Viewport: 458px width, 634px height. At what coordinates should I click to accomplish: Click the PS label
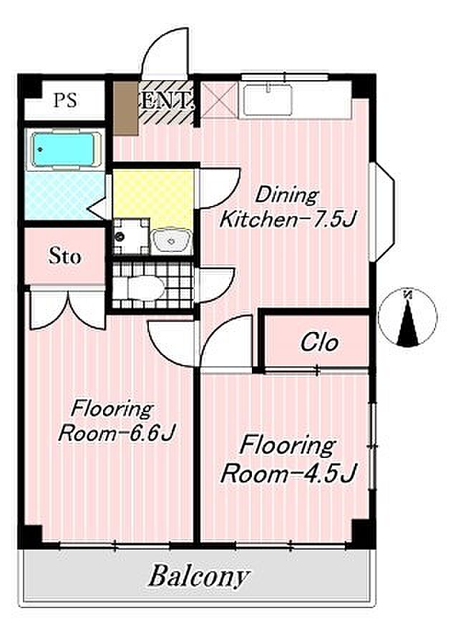65,100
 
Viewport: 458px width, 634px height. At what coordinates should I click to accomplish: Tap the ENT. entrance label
166,101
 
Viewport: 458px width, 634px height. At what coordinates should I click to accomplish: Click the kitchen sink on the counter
268,99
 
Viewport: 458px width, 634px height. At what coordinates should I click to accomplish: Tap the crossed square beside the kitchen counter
219,99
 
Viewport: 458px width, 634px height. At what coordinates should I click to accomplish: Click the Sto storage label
64,256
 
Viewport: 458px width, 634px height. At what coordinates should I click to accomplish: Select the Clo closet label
319,343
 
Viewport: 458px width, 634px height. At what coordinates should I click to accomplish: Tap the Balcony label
198,577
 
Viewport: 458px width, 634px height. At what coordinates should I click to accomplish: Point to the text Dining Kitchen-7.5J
286,208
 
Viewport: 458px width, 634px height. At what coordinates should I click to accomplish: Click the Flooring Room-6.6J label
116,421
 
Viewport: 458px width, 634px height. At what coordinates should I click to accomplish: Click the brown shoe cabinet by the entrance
125,108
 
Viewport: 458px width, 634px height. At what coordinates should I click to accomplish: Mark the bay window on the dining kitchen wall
382,212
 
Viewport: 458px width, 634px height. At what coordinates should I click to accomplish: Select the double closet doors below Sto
67,310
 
